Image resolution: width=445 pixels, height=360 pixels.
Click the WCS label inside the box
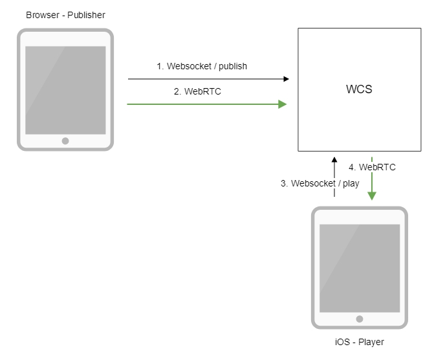(x=359, y=90)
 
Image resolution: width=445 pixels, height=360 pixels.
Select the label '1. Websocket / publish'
(x=202, y=66)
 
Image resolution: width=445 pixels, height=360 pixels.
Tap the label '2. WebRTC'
(x=197, y=91)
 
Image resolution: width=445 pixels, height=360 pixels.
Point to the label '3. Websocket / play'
(x=320, y=183)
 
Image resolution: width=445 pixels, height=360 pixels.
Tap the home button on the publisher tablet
(x=65, y=141)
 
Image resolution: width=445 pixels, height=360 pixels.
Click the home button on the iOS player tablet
(x=359, y=319)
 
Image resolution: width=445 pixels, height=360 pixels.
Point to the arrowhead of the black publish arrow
(x=285, y=79)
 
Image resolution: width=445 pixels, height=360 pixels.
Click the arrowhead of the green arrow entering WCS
(x=282, y=104)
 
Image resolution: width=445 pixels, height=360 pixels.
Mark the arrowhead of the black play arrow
(x=334, y=159)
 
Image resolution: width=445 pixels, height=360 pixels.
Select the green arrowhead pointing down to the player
(x=372, y=196)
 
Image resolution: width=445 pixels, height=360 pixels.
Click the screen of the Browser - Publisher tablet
(x=65, y=89)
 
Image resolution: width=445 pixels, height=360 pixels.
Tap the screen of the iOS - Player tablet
(x=359, y=267)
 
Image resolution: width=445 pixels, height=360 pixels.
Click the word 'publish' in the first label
(x=233, y=66)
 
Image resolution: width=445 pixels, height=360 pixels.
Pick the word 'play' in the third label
(x=351, y=183)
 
